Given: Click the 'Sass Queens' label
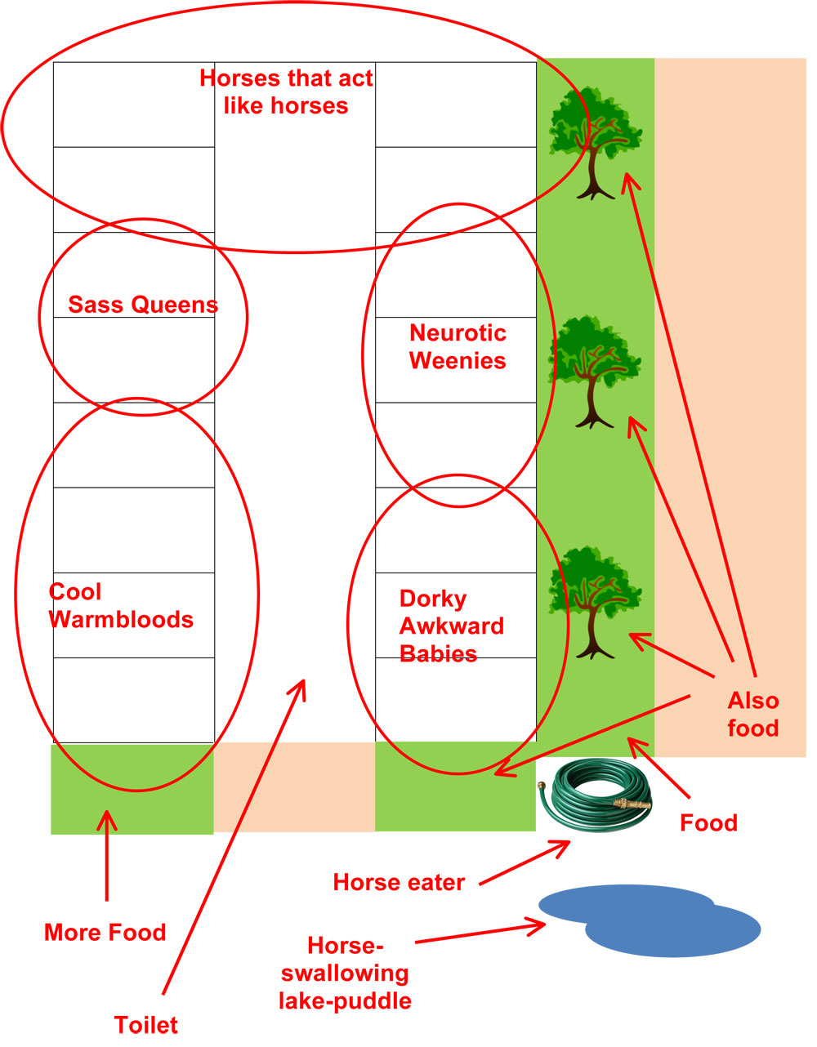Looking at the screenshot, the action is coord(143,305).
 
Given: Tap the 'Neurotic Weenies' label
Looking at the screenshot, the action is coord(458,347).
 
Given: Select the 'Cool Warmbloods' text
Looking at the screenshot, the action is coord(121,606).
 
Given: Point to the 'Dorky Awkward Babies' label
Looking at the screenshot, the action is coord(452,626).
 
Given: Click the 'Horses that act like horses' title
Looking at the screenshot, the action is coord(286,92).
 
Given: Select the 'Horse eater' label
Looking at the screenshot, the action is coord(399,883).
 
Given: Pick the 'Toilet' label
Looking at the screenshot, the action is coord(146,1025).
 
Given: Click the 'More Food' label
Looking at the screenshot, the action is coord(105,933).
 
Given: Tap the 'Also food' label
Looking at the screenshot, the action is coord(753,715).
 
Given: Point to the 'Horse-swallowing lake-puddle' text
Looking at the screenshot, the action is coord(345,973).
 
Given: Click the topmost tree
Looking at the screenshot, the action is coord(596,143).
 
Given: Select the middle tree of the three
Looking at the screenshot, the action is coord(595,372).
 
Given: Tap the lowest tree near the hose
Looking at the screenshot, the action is coord(596,602).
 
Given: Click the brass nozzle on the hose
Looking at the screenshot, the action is coord(632,803).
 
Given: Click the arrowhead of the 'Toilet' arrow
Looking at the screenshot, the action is coord(303,681).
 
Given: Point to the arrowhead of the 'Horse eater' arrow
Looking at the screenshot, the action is coord(569,843).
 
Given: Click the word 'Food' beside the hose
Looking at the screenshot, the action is coord(708,823).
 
